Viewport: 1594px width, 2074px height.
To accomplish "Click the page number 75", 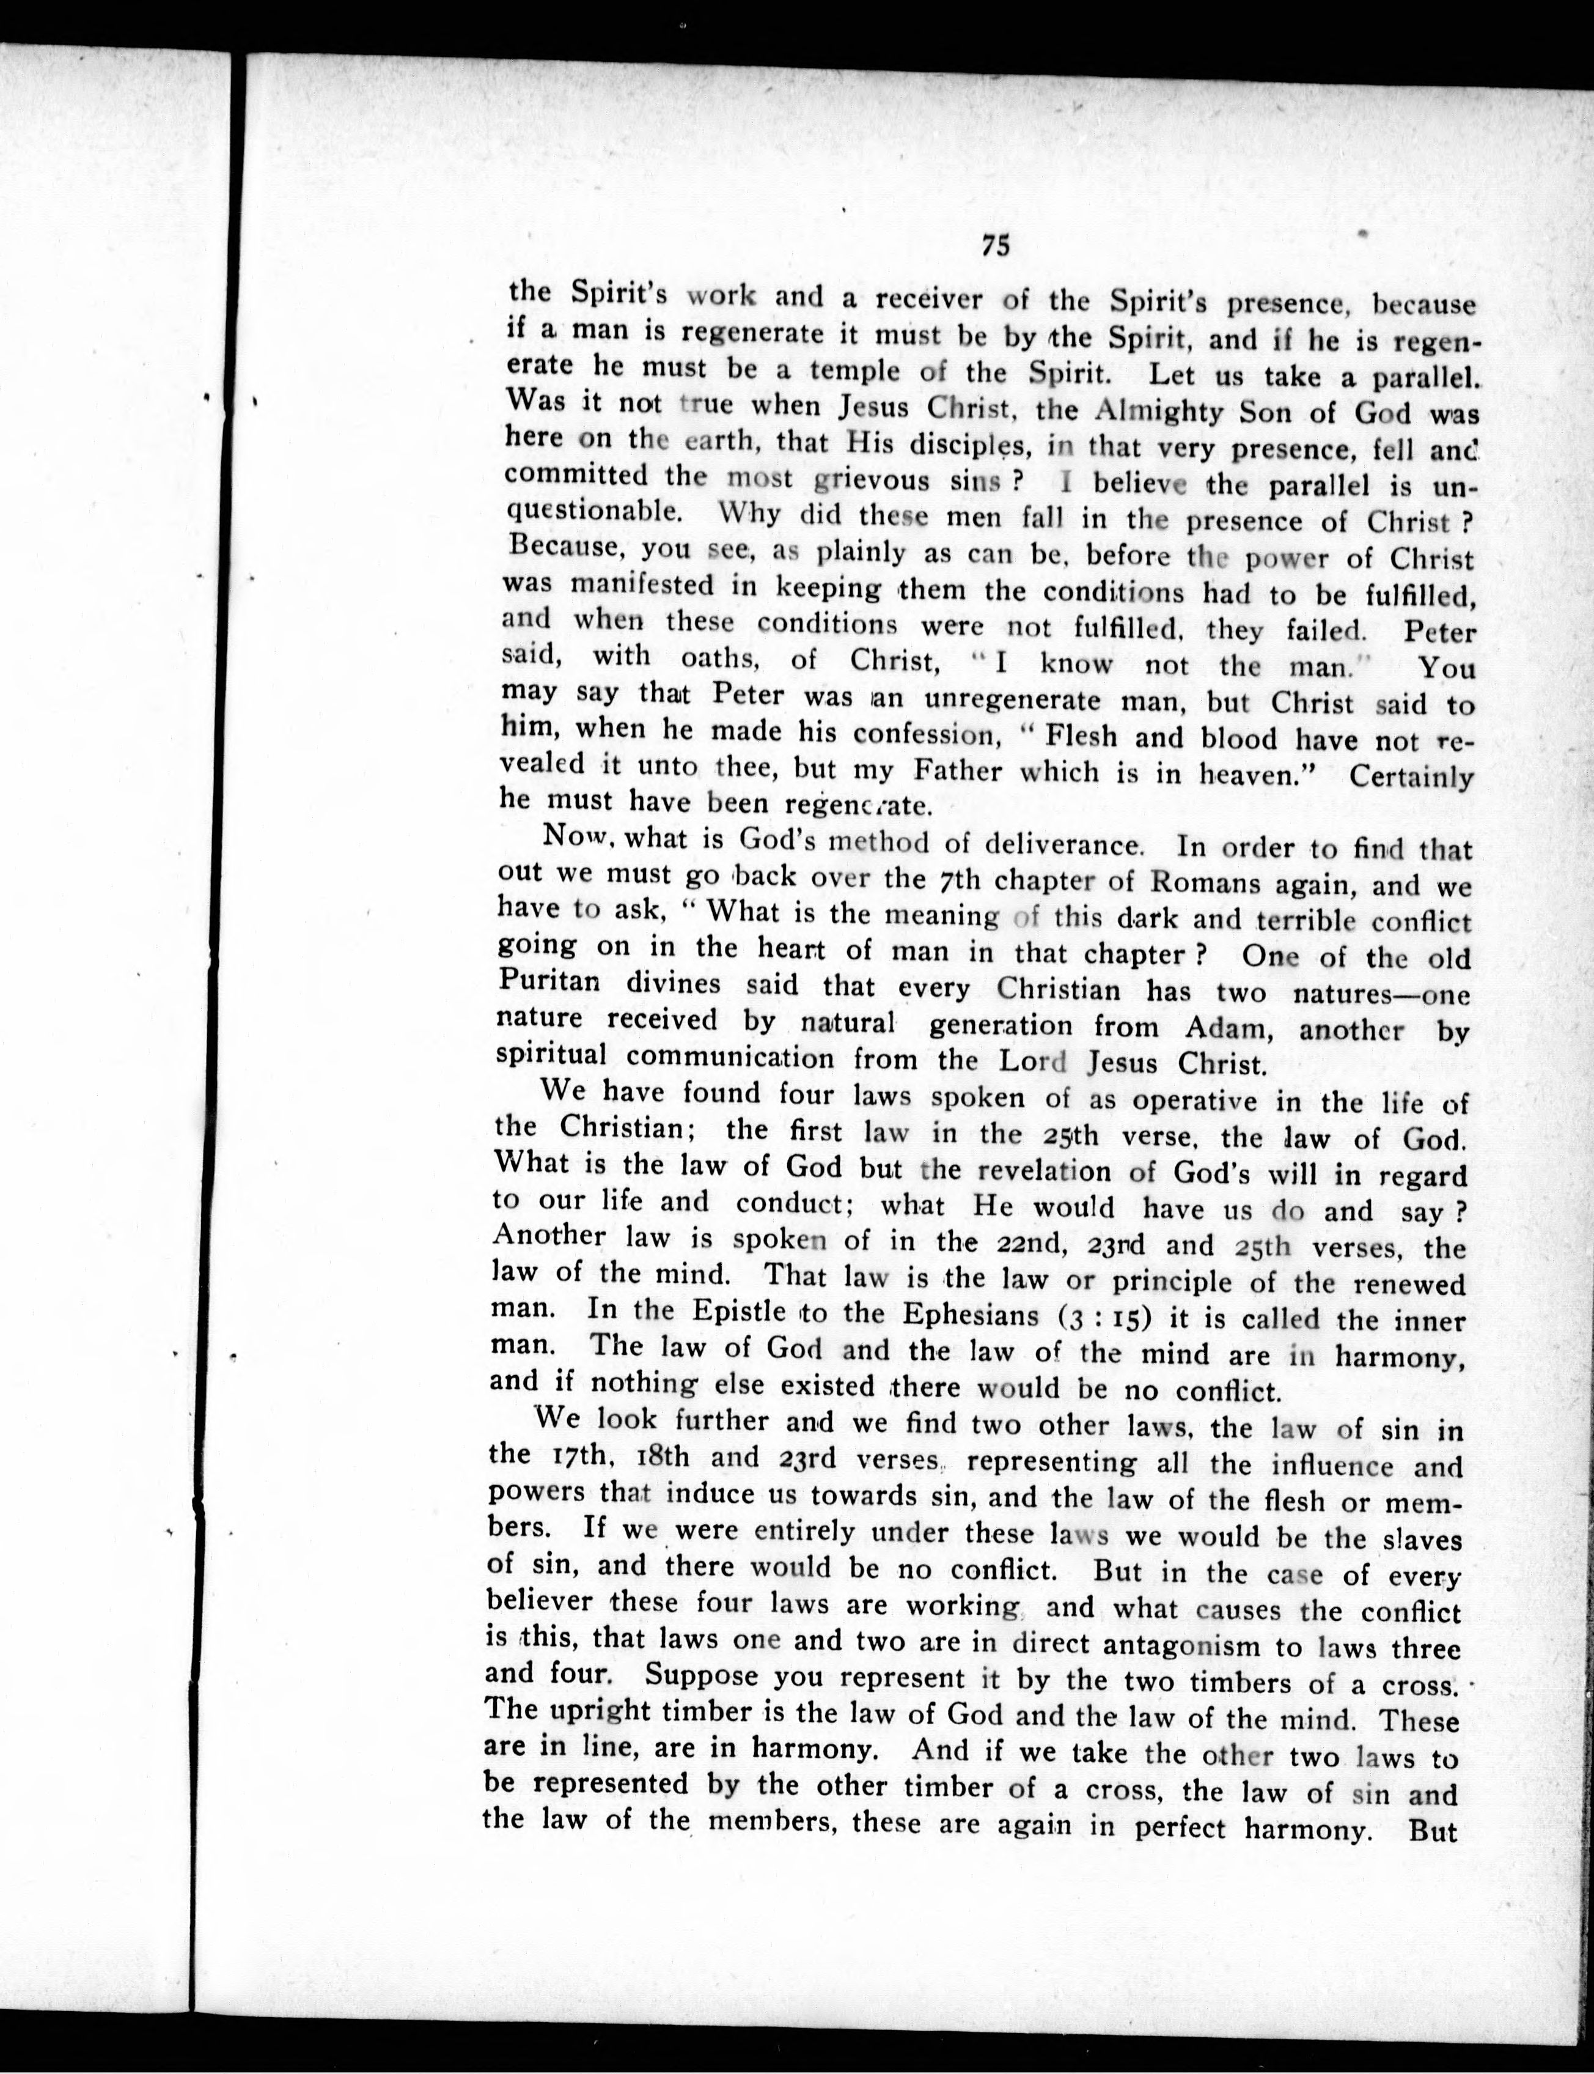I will tap(994, 246).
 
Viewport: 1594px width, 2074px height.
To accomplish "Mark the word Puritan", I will tap(548, 983).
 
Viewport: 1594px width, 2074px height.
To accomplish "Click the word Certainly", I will tap(1411, 777).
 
